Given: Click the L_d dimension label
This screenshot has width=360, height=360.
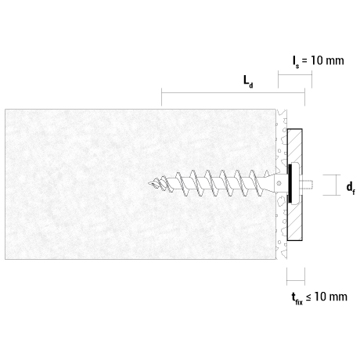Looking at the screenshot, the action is [x=248, y=82].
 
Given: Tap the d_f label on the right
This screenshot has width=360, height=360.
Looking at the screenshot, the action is [x=351, y=188].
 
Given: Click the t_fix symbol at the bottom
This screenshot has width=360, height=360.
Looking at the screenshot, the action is [x=297, y=298].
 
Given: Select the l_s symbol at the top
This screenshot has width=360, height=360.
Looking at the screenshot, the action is [x=296, y=62].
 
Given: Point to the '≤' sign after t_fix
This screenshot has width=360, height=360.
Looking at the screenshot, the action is [x=308, y=297].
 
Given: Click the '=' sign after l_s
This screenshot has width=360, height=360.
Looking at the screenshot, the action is [x=304, y=61].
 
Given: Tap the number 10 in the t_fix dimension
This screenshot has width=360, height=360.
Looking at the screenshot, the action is [x=320, y=297].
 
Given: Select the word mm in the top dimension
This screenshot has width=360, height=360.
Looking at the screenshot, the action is [x=335, y=61].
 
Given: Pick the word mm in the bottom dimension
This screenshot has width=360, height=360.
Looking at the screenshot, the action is [x=338, y=297].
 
